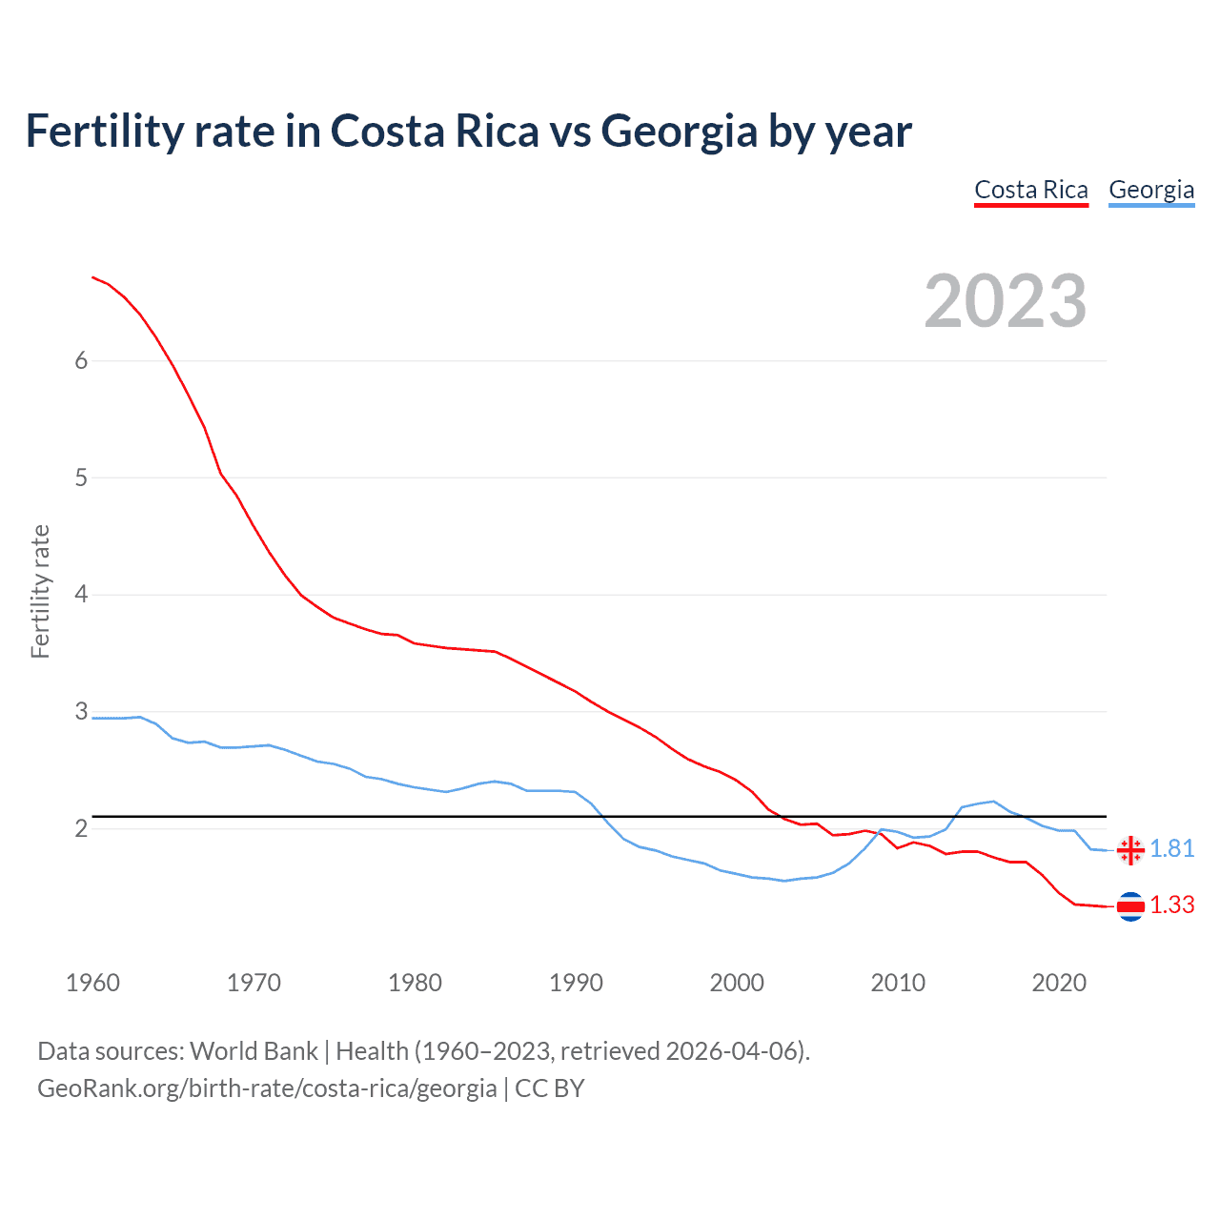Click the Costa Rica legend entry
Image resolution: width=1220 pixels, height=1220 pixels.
(1030, 190)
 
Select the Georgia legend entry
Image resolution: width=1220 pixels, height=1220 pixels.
(1150, 190)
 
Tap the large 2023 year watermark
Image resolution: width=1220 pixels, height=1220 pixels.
(1006, 301)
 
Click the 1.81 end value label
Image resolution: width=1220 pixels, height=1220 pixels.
(1171, 848)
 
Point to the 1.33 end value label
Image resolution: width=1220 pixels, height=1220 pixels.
(1171, 905)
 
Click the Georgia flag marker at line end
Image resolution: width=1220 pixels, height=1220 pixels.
(1130, 850)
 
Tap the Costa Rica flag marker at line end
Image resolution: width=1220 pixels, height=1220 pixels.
(1130, 906)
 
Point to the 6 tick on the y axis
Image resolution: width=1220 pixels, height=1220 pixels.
(81, 360)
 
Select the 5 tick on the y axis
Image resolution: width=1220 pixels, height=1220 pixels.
(81, 478)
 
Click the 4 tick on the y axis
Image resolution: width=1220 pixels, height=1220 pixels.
(81, 595)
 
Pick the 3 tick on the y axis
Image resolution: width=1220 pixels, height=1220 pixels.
(81, 711)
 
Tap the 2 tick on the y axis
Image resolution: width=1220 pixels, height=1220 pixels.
(81, 828)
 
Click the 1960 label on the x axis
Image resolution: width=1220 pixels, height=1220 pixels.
(92, 983)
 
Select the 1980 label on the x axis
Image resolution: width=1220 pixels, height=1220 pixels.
(415, 983)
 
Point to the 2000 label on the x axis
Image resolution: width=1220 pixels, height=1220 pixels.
(737, 983)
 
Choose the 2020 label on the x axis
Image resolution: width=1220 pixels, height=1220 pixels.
(1059, 983)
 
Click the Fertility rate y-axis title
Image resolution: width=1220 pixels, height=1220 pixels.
(40, 591)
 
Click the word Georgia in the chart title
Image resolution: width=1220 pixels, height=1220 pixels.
(679, 131)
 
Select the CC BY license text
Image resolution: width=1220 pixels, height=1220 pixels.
(550, 1088)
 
